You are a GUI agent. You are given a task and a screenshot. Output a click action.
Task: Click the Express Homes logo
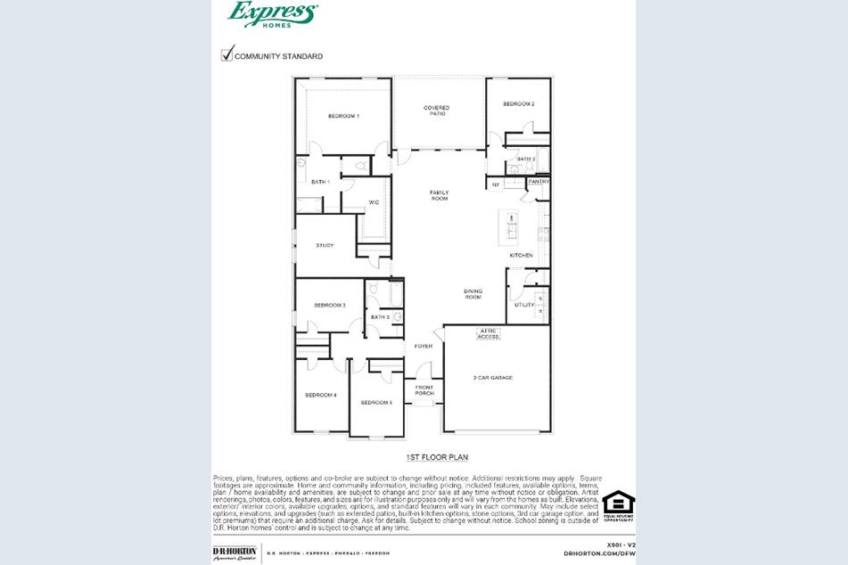(272, 13)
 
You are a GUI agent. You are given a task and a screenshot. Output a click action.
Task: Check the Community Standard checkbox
(226, 55)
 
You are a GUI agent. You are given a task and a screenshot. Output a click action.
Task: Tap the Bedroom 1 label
(343, 117)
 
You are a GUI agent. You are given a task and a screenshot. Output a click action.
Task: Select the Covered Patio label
(436, 111)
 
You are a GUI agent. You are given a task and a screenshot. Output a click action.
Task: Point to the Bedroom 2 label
(518, 104)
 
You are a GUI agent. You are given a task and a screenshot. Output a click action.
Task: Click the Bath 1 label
(320, 182)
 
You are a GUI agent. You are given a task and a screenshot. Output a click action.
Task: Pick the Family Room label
(439, 195)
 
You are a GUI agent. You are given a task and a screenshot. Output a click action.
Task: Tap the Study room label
(325, 245)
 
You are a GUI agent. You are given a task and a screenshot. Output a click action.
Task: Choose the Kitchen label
(521, 256)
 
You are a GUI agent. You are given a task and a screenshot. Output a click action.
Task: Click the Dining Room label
(473, 294)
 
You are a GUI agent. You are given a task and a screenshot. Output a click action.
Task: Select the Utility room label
(523, 305)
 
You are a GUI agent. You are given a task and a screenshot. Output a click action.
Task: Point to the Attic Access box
(489, 334)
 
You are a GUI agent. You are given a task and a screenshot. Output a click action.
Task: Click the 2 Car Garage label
(492, 378)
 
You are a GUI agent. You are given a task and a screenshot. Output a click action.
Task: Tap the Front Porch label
(424, 389)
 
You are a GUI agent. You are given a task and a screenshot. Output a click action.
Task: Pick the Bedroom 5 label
(376, 403)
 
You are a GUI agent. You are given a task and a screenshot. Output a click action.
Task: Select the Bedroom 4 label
(320, 395)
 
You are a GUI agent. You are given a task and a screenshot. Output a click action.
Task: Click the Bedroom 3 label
(329, 306)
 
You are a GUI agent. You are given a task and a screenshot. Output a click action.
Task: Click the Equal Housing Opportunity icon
(618, 504)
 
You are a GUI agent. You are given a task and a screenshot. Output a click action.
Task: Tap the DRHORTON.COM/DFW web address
(599, 553)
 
